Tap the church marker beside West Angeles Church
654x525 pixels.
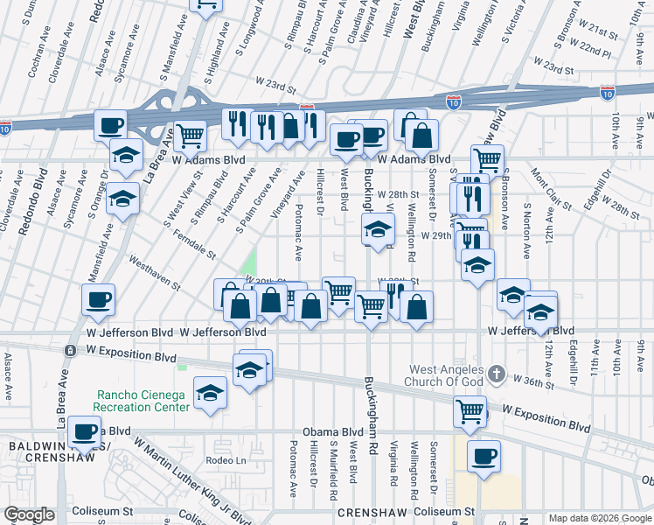point(497,374)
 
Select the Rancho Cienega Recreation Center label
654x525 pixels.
point(143,401)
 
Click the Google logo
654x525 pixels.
point(29,514)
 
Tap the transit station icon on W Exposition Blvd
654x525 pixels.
point(69,350)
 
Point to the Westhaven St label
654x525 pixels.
point(154,272)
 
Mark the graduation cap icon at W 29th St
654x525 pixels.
point(378,232)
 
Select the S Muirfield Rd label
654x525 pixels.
point(333,470)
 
